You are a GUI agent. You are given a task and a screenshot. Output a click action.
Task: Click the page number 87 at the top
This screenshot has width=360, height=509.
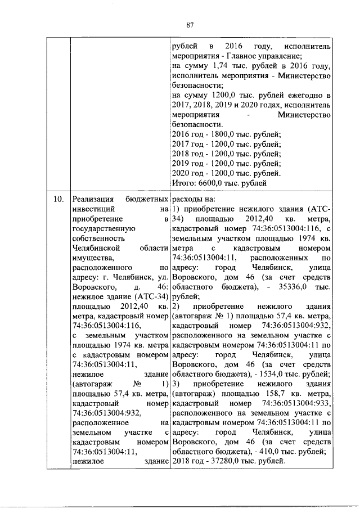(190, 24)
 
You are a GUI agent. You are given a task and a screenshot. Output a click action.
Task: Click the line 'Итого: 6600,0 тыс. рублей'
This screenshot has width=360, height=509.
(218, 183)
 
